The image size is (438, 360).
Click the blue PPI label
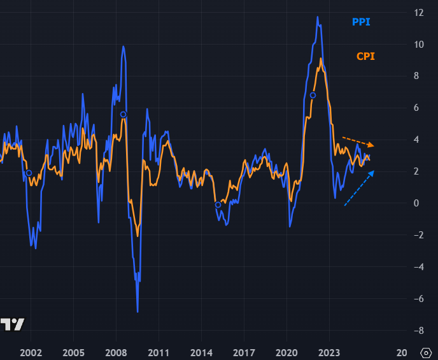(x=361, y=22)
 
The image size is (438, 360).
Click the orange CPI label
(x=365, y=56)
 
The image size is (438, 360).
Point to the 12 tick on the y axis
(x=418, y=13)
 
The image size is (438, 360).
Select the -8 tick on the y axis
(x=418, y=331)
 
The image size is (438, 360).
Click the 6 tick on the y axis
(x=418, y=108)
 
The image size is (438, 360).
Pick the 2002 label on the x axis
(x=31, y=352)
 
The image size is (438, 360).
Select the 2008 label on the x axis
(x=116, y=352)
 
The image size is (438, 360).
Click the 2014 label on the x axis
(x=201, y=352)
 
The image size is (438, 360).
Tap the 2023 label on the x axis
(x=329, y=352)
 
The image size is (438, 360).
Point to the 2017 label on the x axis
(x=244, y=352)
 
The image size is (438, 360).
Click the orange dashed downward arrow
(x=358, y=141)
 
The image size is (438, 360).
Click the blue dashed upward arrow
(x=359, y=188)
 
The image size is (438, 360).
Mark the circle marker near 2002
(x=29, y=173)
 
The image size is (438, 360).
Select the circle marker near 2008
(x=123, y=115)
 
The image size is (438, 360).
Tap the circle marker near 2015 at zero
(x=218, y=205)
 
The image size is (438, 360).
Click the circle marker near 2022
(x=313, y=96)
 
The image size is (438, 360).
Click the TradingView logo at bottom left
(x=13, y=324)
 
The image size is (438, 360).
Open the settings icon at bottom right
(x=426, y=352)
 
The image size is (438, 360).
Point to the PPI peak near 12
(x=318, y=17)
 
